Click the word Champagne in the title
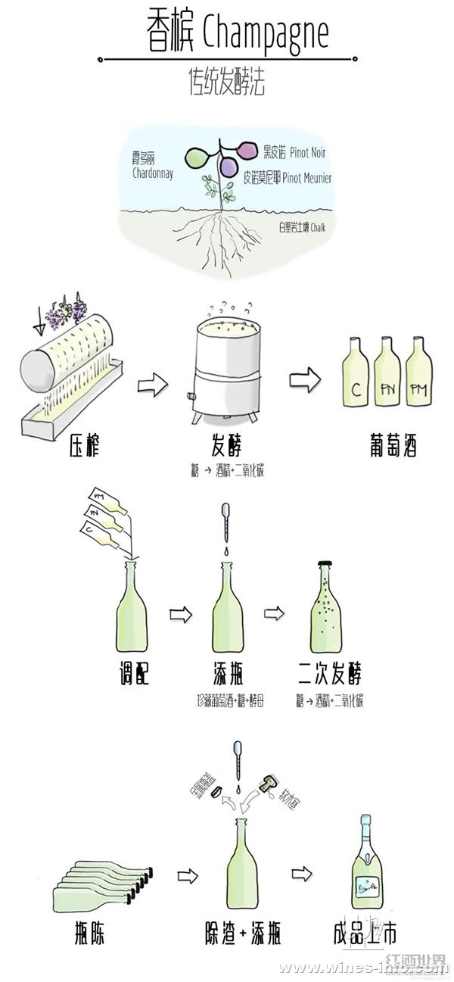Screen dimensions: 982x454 click(266, 34)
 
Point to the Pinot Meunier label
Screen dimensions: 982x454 click(288, 179)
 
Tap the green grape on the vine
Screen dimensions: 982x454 click(198, 157)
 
